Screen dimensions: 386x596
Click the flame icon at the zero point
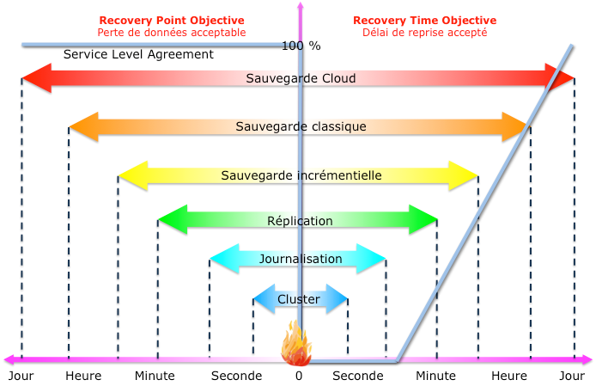coord(297,344)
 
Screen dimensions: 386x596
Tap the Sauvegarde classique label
coord(301,126)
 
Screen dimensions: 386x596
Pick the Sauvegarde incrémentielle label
coord(301,175)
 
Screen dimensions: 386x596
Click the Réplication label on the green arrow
coord(300,221)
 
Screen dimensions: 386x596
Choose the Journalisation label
coord(301,259)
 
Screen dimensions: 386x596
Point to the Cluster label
coord(299,299)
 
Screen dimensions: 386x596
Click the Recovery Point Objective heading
coord(171,20)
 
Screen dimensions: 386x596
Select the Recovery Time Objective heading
coord(424,20)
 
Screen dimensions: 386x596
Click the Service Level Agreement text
coord(138,54)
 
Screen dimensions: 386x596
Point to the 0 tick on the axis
coord(299,376)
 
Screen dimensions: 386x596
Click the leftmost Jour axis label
coord(21,376)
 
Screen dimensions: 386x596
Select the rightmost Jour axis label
coord(572,376)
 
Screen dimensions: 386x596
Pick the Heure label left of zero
coord(83,376)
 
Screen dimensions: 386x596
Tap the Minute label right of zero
coord(435,376)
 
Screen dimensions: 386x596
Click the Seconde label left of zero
coord(236,376)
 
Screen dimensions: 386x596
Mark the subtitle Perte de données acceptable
coord(171,33)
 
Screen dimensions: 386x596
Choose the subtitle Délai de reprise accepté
coord(424,33)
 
